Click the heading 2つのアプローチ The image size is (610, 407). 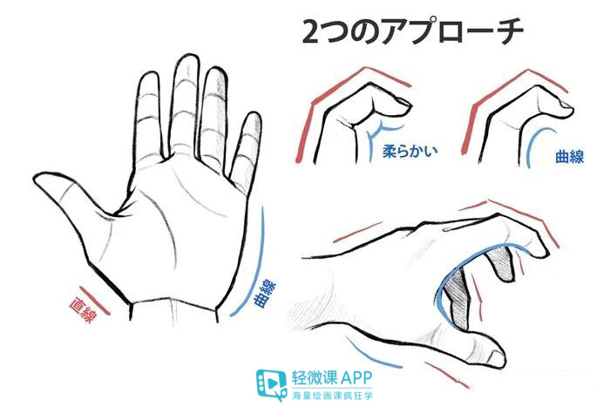[x=412, y=32]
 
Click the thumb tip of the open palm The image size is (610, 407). [x=45, y=185]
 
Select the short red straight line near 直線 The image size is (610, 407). [x=96, y=299]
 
